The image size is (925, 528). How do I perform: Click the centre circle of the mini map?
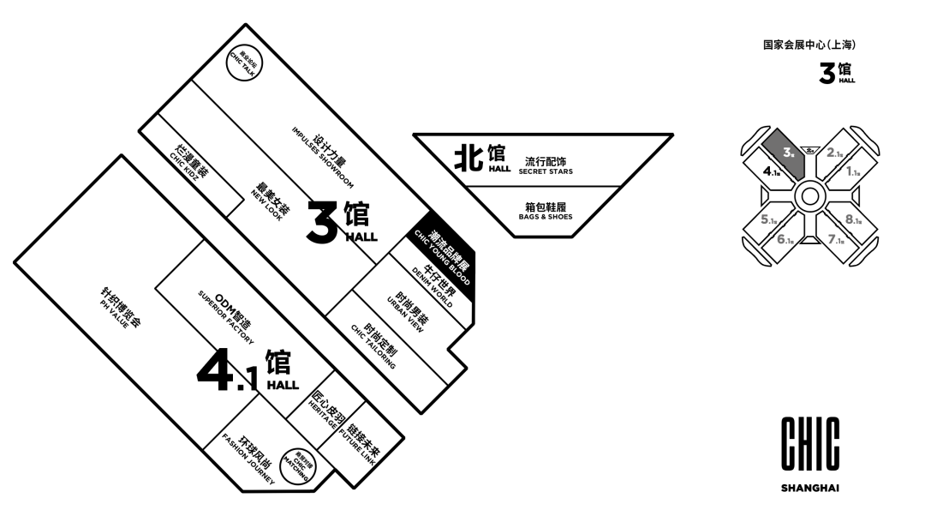806,197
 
